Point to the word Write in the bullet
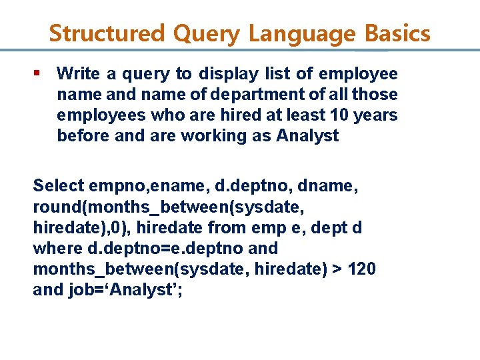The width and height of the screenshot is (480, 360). [76, 73]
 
